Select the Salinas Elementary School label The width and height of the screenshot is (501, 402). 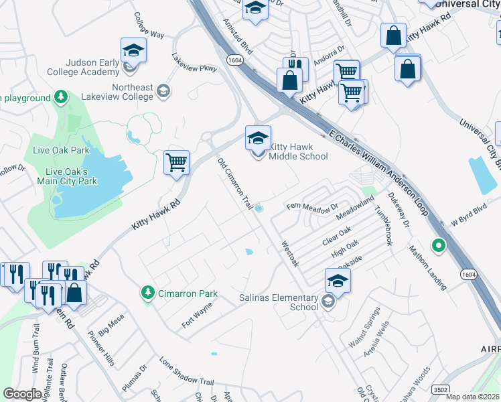point(279,302)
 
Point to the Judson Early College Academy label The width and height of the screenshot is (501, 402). point(83,67)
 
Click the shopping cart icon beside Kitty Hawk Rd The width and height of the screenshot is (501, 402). point(176,163)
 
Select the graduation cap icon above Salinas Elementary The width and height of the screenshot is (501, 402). point(338,281)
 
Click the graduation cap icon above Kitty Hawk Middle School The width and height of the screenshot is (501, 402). point(258,139)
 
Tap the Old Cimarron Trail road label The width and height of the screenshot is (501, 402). point(235,183)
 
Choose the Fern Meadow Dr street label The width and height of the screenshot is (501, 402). point(313,206)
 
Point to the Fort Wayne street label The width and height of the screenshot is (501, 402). point(197,315)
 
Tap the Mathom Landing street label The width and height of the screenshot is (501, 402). point(428,267)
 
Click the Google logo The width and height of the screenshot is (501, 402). point(23,394)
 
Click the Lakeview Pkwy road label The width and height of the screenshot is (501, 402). point(194,62)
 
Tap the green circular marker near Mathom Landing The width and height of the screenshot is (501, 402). point(439,246)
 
